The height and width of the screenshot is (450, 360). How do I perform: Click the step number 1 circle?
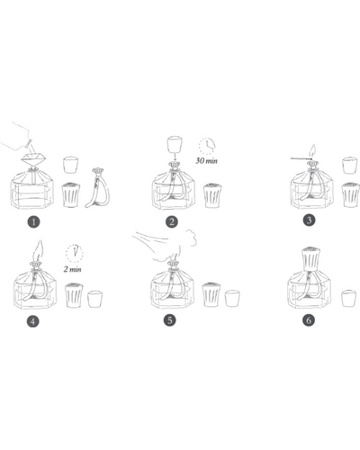(33, 222)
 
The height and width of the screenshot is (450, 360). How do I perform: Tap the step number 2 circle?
(172, 221)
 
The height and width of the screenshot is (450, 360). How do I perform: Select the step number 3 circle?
(310, 220)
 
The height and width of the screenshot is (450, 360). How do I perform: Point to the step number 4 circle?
(32, 321)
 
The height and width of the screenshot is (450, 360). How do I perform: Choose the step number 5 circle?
(170, 320)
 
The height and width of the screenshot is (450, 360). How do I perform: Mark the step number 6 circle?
(309, 320)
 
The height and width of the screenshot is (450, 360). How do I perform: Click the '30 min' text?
(206, 161)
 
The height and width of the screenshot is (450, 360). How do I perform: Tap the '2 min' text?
(72, 269)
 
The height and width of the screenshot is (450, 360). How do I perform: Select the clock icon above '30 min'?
(207, 146)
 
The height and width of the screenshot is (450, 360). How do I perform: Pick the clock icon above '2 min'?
(74, 253)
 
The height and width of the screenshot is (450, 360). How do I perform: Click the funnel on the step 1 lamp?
(33, 159)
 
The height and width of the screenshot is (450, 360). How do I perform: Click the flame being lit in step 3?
(313, 150)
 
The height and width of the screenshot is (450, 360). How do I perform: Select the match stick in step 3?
(301, 158)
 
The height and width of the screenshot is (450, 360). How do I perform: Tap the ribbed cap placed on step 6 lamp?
(311, 258)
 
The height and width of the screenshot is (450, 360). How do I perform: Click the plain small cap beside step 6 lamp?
(349, 298)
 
